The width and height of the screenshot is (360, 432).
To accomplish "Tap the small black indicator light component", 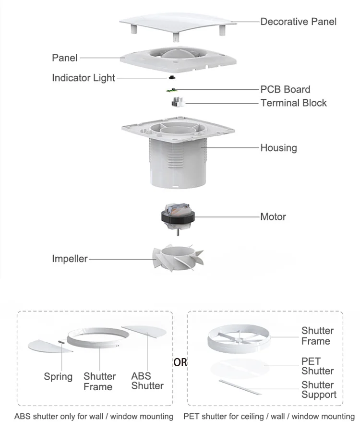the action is coord(171,77).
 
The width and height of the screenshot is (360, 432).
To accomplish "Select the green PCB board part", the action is coord(171,90).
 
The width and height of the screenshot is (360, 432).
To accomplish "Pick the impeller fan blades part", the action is coord(178,259).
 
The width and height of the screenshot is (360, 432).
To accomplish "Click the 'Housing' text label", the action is coord(278,148).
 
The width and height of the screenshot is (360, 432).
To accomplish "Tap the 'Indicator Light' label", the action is coord(84,78).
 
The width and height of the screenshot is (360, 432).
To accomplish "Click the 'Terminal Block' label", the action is coord(293,103).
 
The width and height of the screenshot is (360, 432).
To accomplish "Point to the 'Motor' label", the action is coord(273,216).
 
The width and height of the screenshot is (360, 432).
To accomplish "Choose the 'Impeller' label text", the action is coord(70,259).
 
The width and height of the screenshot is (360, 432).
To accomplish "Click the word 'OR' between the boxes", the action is coord(180,362).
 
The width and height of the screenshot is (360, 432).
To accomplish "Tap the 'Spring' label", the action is coord(58,376).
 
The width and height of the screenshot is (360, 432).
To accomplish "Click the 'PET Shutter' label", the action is coord(317,366).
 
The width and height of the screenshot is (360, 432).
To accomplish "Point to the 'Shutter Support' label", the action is coord(319,390).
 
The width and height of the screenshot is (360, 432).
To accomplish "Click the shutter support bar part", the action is coord(240,386).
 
